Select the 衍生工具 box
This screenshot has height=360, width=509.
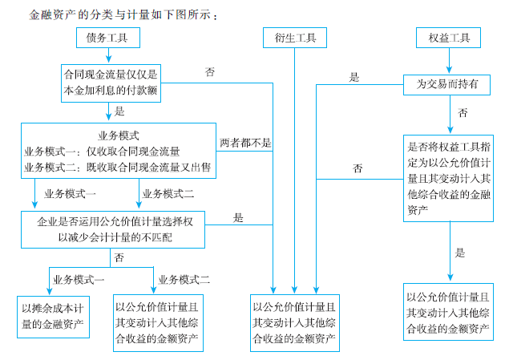(294, 37)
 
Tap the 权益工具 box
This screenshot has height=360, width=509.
(448, 37)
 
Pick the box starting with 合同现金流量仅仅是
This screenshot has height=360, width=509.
(111, 83)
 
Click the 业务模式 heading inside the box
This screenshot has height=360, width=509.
(119, 136)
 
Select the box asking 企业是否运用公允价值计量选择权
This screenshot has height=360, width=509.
(115, 229)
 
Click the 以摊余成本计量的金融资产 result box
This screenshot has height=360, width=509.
(54, 316)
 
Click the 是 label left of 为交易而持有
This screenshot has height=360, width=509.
(353, 77)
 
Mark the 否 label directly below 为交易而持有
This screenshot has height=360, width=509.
(463, 113)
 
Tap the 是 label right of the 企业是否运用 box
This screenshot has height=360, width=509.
(238, 217)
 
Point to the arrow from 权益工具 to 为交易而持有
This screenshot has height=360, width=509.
(448, 60)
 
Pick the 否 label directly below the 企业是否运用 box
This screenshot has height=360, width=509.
(119, 257)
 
